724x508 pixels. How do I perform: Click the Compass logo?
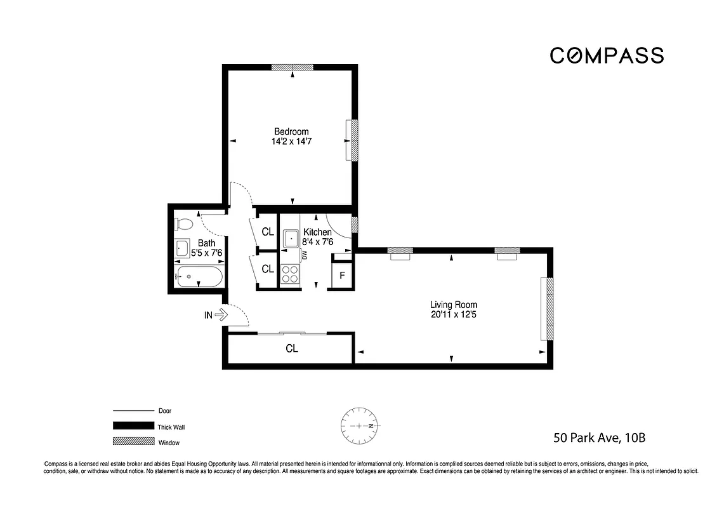tap(606, 56)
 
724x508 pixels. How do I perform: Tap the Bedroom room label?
tap(291, 131)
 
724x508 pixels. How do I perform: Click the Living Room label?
tap(453, 304)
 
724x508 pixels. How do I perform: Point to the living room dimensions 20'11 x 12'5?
tap(453, 314)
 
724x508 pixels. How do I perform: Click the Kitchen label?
tap(317, 232)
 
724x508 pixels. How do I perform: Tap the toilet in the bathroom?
tap(183, 224)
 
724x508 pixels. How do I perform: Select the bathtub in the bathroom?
tap(199, 276)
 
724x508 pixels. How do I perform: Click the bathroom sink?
tap(181, 248)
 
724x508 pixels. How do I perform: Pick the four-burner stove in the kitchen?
tap(290, 274)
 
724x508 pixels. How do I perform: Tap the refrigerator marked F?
tap(342, 275)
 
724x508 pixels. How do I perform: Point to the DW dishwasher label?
tap(305, 255)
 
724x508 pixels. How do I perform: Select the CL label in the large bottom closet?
tap(291, 349)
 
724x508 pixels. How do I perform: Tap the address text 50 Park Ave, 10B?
tap(599, 438)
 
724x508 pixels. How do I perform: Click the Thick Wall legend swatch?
tap(133, 426)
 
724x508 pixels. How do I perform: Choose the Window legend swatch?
tap(133, 441)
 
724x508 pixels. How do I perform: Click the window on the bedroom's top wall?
tap(292, 67)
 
